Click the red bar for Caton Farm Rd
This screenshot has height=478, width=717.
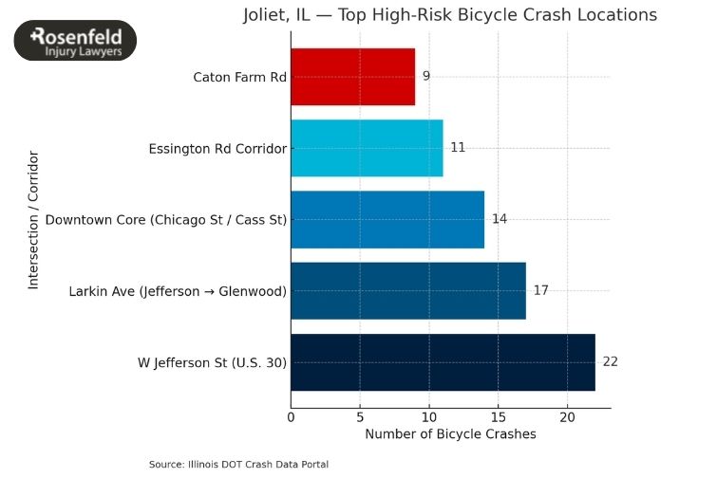pyautogui.click(x=352, y=77)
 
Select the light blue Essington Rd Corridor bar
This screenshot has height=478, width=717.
pyautogui.click(x=367, y=148)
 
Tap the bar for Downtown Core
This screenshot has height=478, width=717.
pyautogui.click(x=387, y=219)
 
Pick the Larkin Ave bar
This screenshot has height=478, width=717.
pyautogui.click(x=408, y=290)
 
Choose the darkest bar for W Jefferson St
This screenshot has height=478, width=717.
pyautogui.click(x=443, y=361)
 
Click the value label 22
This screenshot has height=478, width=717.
pyautogui.click(x=611, y=361)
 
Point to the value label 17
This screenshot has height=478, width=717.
pyautogui.click(x=541, y=290)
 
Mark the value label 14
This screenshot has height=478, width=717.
pyautogui.click(x=500, y=219)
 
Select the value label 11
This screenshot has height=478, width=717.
pyautogui.click(x=458, y=148)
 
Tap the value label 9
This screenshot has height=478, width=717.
pyautogui.click(x=426, y=76)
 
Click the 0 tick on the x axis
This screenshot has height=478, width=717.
pyautogui.click(x=291, y=416)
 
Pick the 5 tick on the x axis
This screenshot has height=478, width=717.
pyautogui.click(x=360, y=416)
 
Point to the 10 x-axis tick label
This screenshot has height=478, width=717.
pyautogui.click(x=429, y=416)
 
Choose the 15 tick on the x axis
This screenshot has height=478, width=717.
pyautogui.click(x=499, y=416)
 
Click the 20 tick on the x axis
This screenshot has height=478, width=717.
pyautogui.click(x=567, y=416)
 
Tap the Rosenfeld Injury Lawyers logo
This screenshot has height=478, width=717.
pyautogui.click(x=75, y=41)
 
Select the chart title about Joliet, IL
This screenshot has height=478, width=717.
pyautogui.click(x=448, y=15)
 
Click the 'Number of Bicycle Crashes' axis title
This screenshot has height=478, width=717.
pyautogui.click(x=450, y=434)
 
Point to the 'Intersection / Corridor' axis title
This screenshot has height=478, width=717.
pyautogui.click(x=33, y=219)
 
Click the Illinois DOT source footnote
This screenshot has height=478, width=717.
pyautogui.click(x=238, y=464)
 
